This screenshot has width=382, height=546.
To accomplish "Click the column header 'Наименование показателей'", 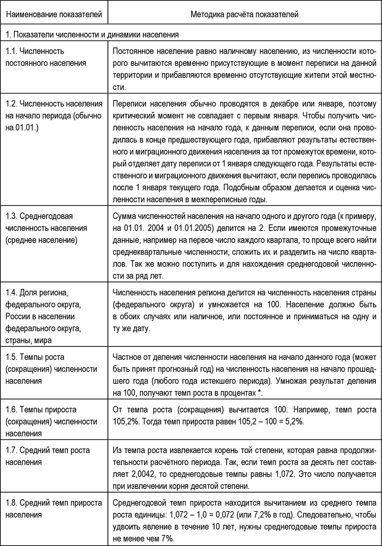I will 54,15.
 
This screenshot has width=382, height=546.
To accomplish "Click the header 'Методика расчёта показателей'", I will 244,15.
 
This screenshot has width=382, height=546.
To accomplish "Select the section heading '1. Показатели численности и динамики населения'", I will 92,35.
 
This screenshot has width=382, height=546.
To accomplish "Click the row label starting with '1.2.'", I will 54,115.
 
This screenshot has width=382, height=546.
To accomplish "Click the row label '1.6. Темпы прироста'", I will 51,422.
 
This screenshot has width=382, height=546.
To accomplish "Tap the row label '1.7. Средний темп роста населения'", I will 48,456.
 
